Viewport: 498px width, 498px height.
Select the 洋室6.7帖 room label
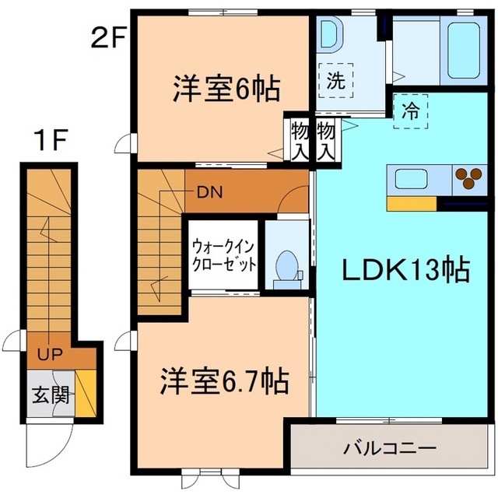tap(225, 381)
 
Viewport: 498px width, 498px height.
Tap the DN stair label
tap(208, 191)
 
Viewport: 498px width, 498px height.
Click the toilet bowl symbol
tap(286, 265)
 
